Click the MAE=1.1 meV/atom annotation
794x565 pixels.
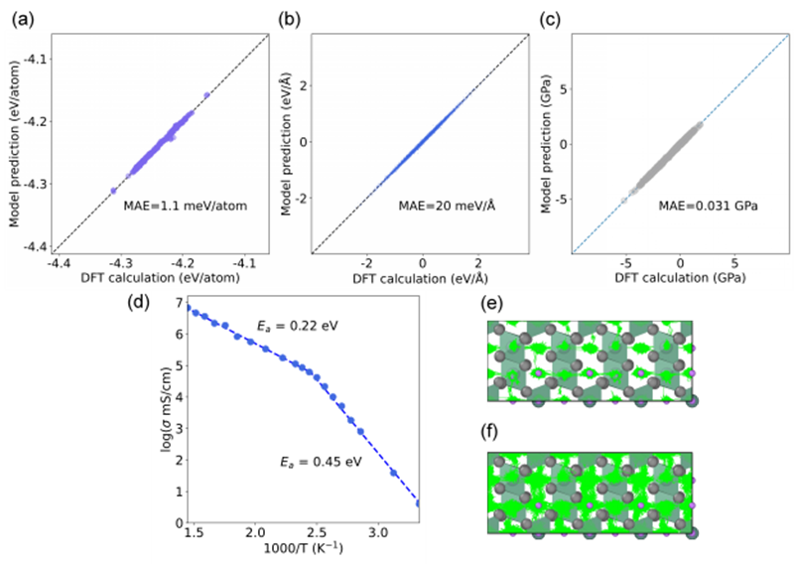pyautogui.click(x=178, y=208)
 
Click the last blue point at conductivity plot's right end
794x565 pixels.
pyautogui.click(x=417, y=503)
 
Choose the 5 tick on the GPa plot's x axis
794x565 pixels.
pyautogui.click(x=735, y=264)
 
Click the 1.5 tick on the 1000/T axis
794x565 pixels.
pyautogui.click(x=193, y=532)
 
